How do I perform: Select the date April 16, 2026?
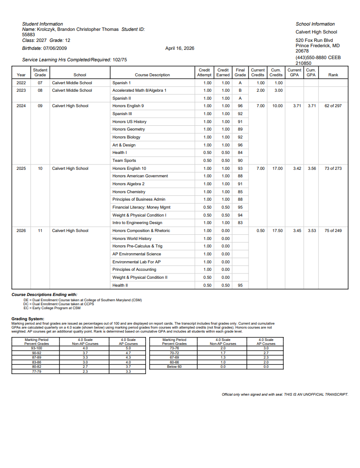(179, 48)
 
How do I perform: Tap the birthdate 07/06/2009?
(55, 48)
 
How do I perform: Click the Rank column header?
(333, 75)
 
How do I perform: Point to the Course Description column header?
(152, 75)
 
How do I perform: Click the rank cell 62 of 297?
(333, 106)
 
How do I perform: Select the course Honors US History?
(130, 122)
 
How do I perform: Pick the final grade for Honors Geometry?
(240, 129)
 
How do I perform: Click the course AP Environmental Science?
(137, 254)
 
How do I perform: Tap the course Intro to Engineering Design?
(137, 223)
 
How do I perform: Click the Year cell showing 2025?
(21, 168)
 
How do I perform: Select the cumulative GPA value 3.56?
(311, 168)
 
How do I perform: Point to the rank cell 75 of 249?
(333, 231)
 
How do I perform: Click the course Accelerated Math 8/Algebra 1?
(139, 90)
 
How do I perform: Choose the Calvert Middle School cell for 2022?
(72, 83)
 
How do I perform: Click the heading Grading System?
(28, 318)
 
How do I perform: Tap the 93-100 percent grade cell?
(37, 348)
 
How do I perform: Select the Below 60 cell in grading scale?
(174, 367)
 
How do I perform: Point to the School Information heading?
(315, 24)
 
